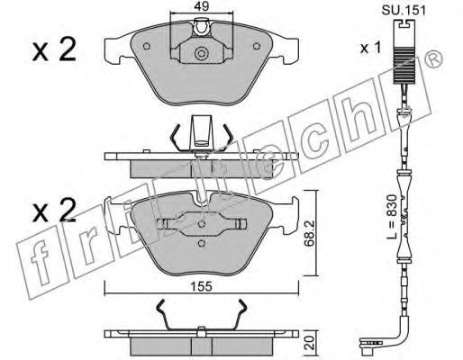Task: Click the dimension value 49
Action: tap(201, 6)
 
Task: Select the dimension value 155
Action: tap(201, 287)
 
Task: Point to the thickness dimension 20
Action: tap(311, 343)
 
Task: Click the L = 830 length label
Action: tap(392, 216)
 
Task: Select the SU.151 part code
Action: tap(404, 11)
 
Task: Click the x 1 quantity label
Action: tap(370, 48)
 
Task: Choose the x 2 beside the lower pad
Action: tap(54, 210)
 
